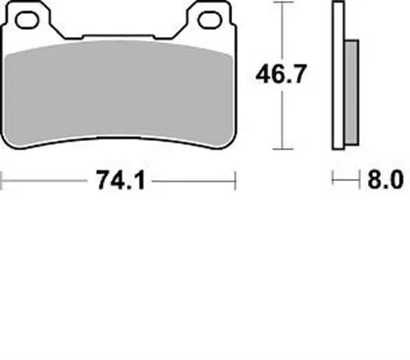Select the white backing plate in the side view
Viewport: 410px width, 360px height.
click(338, 75)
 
